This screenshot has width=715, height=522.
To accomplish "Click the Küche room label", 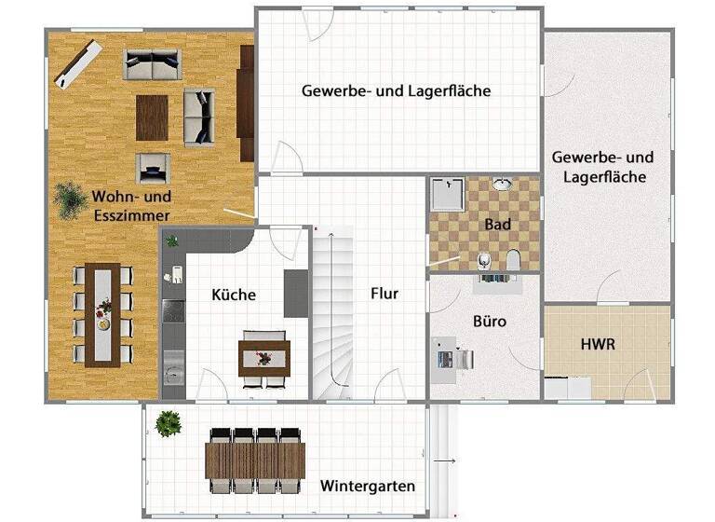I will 234,294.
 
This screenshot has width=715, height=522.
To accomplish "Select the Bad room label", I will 497,225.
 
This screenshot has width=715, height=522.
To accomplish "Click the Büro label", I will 489,322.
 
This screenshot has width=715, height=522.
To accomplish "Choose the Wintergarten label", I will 367,486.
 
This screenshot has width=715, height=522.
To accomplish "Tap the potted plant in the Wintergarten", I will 169,423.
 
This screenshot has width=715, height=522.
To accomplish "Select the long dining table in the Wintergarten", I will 255,459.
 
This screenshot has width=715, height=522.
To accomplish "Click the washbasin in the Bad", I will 503,184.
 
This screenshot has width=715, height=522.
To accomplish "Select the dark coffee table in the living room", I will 154,117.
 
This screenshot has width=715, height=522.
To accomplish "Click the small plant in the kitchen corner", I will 171,241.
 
